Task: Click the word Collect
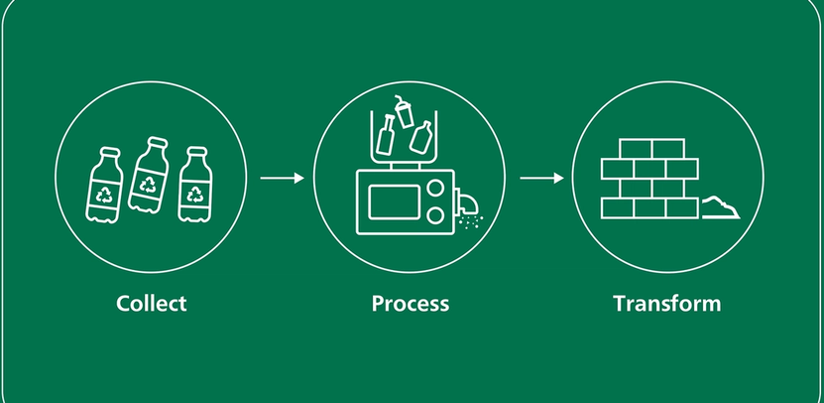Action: (151, 303)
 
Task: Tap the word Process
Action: (411, 303)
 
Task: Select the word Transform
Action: (667, 303)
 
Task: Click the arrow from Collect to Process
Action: (282, 179)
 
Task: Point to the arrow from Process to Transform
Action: (541, 179)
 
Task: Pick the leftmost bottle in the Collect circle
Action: (104, 187)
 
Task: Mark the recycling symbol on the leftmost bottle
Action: (104, 195)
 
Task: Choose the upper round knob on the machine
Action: (432, 192)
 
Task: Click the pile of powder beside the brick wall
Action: (721, 209)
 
